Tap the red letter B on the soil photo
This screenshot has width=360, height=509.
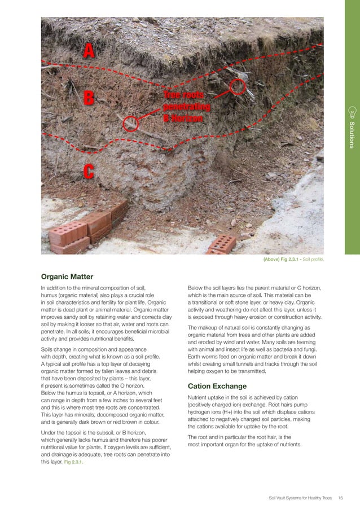click(x=89, y=97)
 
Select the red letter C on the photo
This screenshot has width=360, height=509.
click(x=87, y=171)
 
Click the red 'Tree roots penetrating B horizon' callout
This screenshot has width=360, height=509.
click(x=186, y=107)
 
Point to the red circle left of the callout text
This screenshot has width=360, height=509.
click(x=131, y=124)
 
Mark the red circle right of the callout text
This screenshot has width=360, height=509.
click(x=238, y=86)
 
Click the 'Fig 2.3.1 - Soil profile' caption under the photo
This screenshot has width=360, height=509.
click(x=293, y=260)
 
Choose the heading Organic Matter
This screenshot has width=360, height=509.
click(x=67, y=277)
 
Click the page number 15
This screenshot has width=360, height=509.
click(x=341, y=497)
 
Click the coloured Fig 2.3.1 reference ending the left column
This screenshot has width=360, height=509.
click(x=76, y=462)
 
